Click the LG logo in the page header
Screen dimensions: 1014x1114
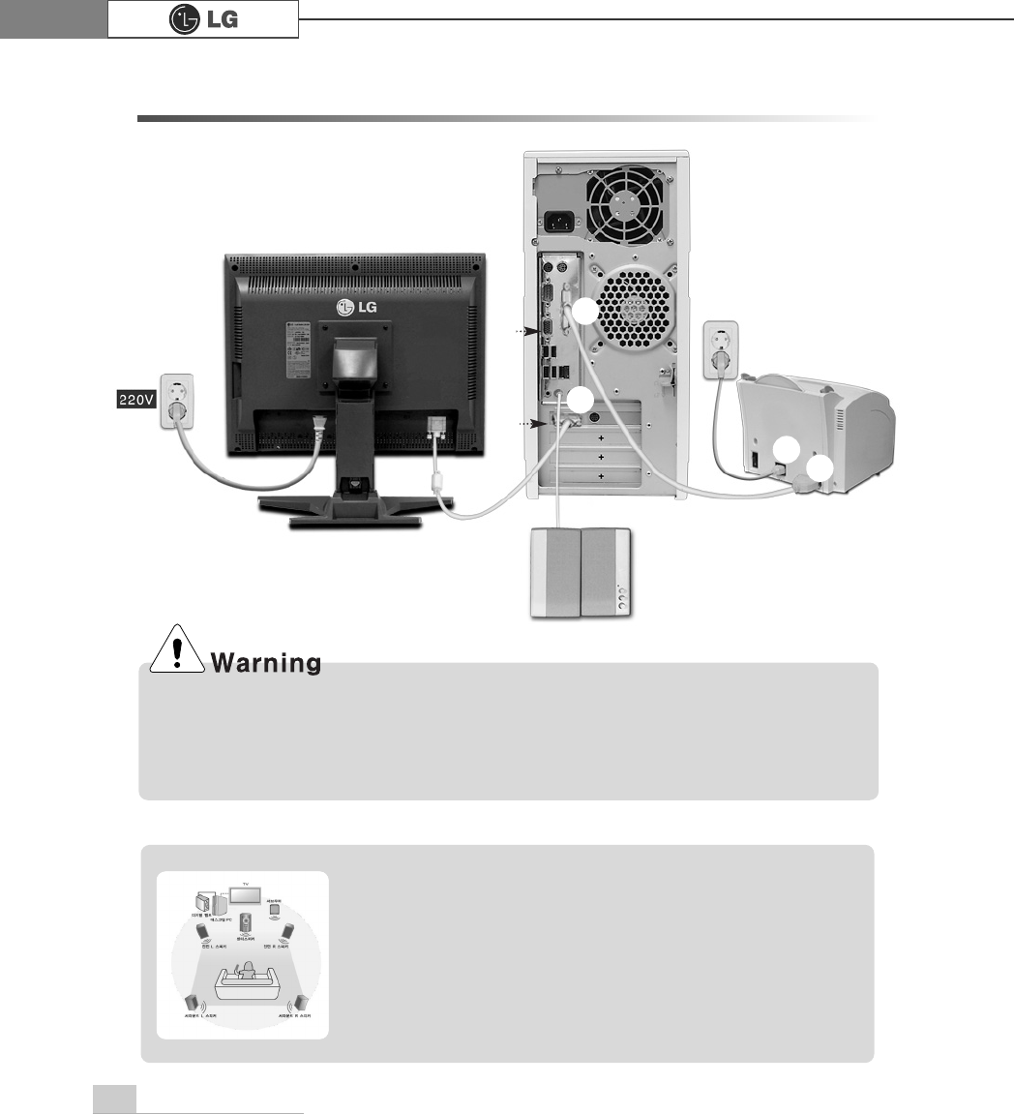[203, 19]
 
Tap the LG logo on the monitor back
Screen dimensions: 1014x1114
[354, 307]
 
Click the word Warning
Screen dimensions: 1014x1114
[266, 664]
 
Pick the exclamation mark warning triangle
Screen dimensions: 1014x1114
[176, 653]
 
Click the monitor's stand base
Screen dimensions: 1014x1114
[355, 509]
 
